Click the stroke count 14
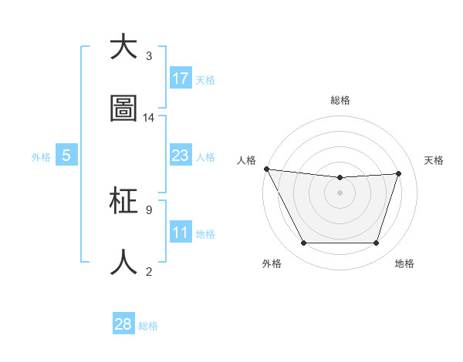click(x=149, y=118)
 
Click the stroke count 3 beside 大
click(x=148, y=56)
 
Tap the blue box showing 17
click(x=181, y=79)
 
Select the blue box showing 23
click(x=181, y=156)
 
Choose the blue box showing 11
click(x=181, y=233)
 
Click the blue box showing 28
click(x=123, y=324)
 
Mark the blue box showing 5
click(x=66, y=156)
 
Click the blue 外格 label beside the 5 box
click(x=41, y=156)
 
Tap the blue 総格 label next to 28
click(x=148, y=326)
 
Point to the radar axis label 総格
click(x=340, y=101)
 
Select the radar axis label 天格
click(x=434, y=160)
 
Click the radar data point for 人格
click(x=266, y=169)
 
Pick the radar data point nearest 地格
click(x=377, y=243)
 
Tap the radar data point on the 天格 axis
click(x=399, y=173)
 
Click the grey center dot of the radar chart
click(x=340, y=193)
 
